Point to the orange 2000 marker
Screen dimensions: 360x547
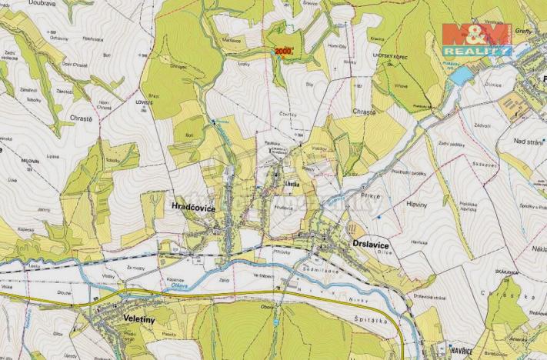point(283,52)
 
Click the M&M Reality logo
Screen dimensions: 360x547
point(476,39)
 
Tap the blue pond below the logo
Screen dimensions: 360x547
point(461,75)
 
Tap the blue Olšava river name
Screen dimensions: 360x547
point(174,289)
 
